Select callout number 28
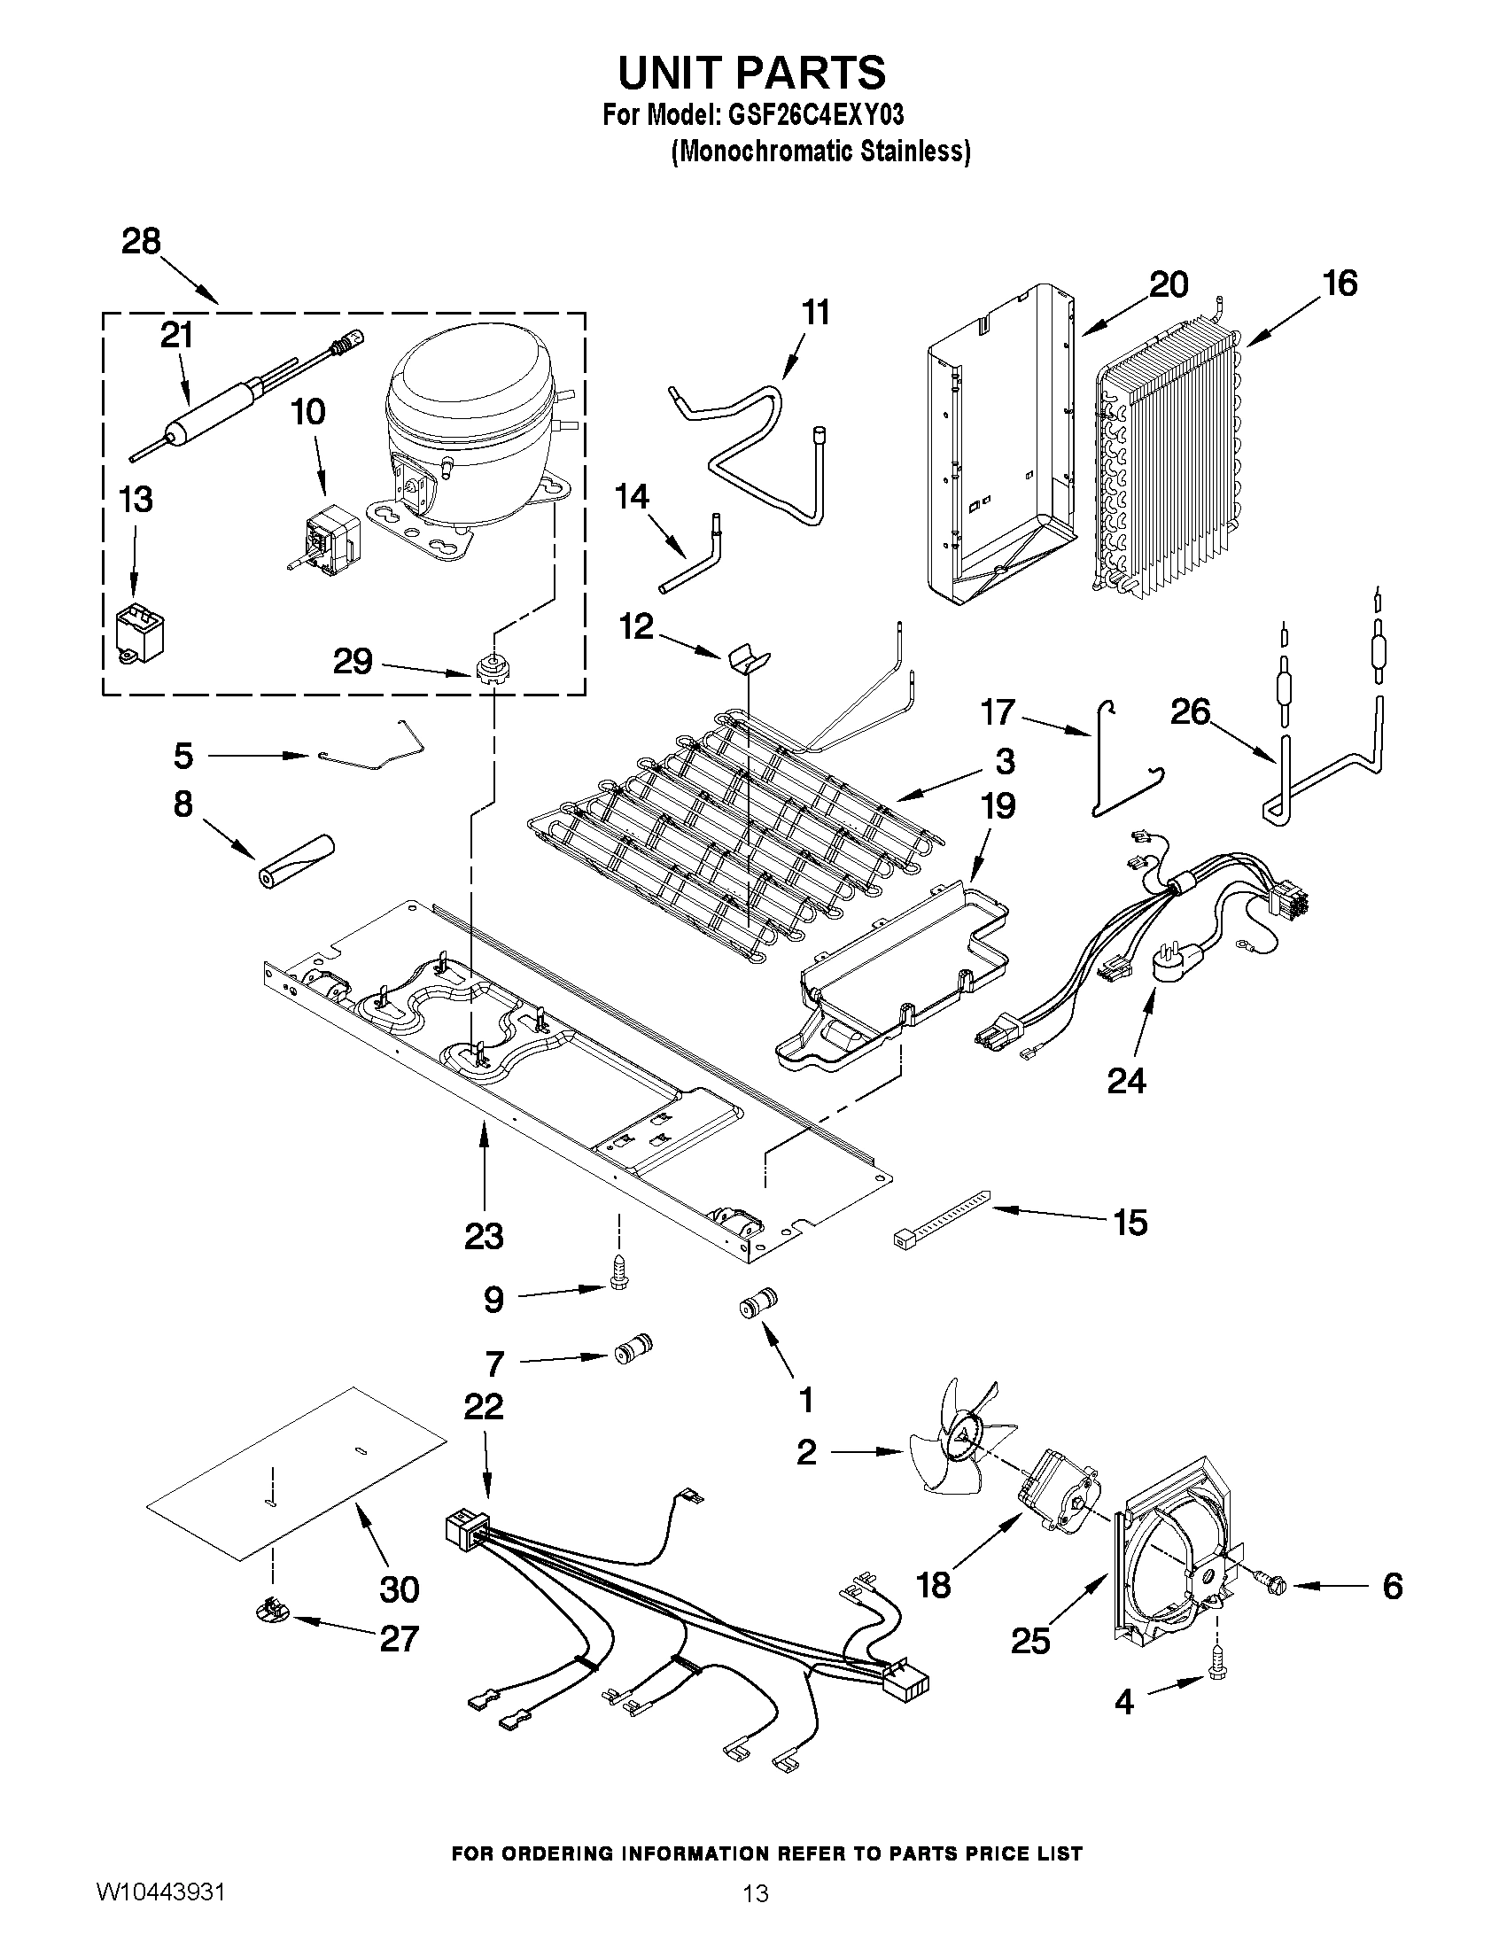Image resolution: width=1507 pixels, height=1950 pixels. (x=141, y=242)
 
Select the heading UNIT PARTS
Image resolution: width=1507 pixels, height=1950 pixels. (x=751, y=72)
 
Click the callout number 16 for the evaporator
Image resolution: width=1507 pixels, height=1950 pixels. (x=1340, y=284)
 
